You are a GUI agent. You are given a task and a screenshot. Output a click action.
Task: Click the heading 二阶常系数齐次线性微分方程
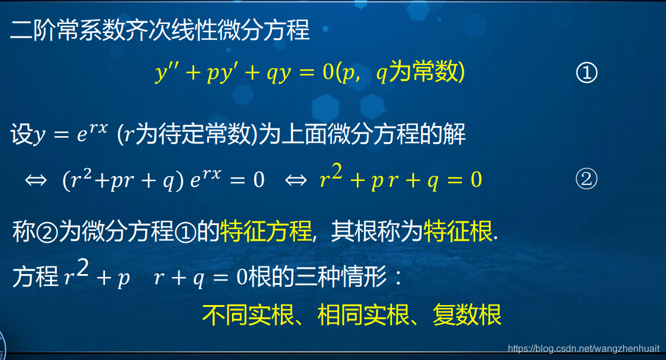pos(160,30)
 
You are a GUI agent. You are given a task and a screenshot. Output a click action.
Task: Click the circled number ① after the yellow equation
pos(586,73)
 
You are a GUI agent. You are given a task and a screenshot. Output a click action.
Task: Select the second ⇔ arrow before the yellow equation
pos(296,180)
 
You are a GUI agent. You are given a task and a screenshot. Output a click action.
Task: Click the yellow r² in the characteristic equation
pos(331,178)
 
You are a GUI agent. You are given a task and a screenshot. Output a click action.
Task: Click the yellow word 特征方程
pos(266,231)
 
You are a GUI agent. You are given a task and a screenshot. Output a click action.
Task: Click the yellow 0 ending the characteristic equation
pos(476,180)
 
